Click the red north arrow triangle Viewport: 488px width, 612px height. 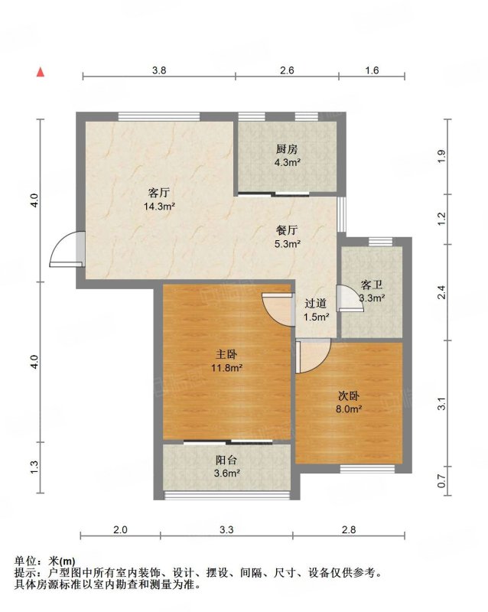(41, 72)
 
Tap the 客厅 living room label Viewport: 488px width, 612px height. (159, 193)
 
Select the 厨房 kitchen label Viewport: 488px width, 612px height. (287, 149)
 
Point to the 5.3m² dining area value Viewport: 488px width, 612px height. (288, 244)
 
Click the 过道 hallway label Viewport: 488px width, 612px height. (315, 303)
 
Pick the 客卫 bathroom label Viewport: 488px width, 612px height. (372, 285)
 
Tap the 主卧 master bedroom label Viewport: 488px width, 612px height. (227, 354)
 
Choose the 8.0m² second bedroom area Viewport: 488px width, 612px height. (349, 409)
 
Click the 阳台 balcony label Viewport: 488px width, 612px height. (226, 461)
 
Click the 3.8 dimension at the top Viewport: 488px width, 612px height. (159, 70)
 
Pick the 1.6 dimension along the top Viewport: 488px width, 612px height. (372, 70)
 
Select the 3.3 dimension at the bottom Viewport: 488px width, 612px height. (226, 530)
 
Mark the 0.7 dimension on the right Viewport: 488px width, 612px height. (441, 481)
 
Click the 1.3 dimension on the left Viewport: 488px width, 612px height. (34, 467)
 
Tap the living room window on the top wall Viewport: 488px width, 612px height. (159, 116)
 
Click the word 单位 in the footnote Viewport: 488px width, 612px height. (25, 562)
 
